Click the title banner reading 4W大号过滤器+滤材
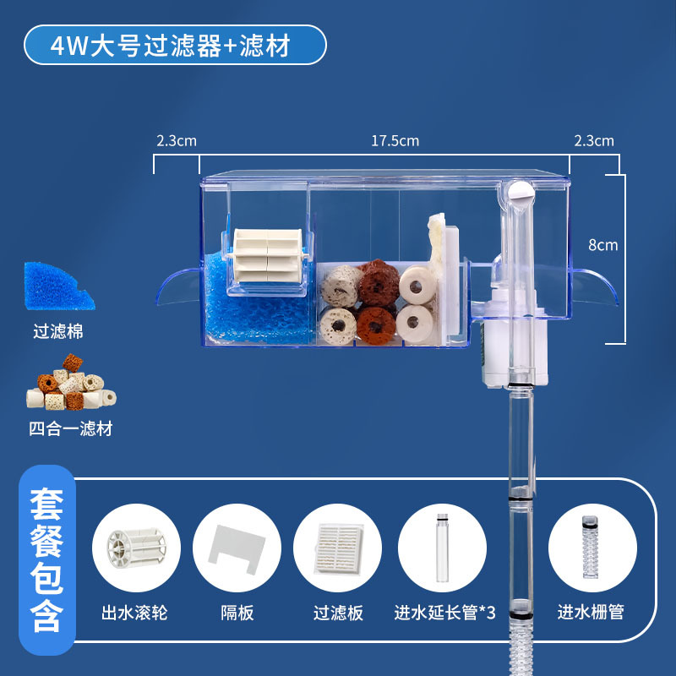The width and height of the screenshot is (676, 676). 175,45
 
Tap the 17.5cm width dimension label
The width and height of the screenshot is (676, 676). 395,141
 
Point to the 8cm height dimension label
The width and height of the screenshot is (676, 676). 603,245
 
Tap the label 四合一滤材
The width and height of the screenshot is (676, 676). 70,429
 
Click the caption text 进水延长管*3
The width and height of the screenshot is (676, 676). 445,612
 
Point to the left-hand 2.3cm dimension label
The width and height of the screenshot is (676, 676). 176,141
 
